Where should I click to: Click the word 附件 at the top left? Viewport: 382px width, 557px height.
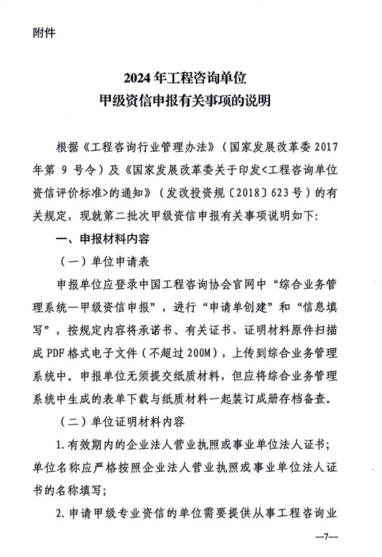click(44, 32)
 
